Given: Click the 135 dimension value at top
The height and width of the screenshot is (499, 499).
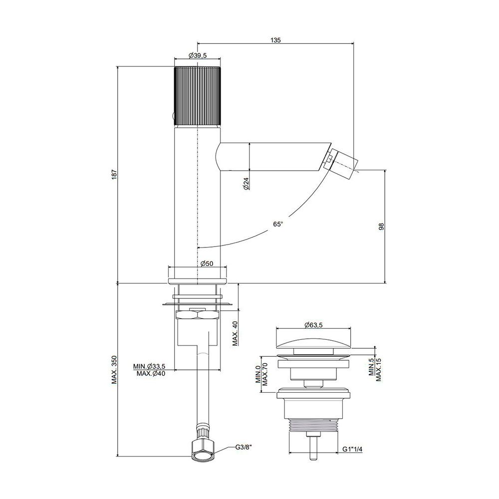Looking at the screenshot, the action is pyautogui.click(x=275, y=40).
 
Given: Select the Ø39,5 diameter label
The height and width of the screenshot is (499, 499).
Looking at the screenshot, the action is pyautogui.click(x=197, y=55).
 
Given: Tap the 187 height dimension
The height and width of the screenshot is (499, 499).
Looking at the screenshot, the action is pyautogui.click(x=114, y=174).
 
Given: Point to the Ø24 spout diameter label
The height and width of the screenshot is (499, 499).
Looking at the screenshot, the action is pyautogui.click(x=247, y=184).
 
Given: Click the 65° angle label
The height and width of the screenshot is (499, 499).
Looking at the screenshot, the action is pyautogui.click(x=278, y=224).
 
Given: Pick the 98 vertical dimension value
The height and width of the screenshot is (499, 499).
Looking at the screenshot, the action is pyautogui.click(x=382, y=227).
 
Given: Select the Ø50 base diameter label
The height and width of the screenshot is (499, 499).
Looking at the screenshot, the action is pyautogui.click(x=207, y=263).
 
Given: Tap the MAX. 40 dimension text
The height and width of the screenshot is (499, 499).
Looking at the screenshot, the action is pyautogui.click(x=235, y=333).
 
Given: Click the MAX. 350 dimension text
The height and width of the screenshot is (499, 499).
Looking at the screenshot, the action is pyautogui.click(x=114, y=370).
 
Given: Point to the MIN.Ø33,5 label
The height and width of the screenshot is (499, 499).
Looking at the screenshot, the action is pyautogui.click(x=149, y=366).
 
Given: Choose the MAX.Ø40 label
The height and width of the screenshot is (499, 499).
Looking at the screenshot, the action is pyautogui.click(x=151, y=374).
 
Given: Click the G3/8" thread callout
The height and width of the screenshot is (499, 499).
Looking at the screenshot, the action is pyautogui.click(x=244, y=447).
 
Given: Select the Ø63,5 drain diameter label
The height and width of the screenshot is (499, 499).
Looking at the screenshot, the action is pyautogui.click(x=313, y=325).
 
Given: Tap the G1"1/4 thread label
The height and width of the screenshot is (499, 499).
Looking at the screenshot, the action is pyautogui.click(x=353, y=449).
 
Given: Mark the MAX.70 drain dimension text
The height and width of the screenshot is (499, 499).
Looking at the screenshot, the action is pyautogui.click(x=265, y=374).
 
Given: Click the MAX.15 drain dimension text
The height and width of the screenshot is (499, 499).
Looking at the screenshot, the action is pyautogui.click(x=378, y=369).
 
